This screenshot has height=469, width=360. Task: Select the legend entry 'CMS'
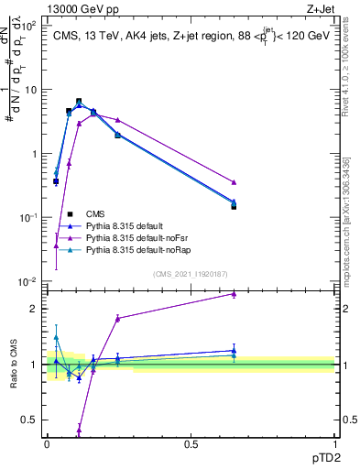tap(108, 213)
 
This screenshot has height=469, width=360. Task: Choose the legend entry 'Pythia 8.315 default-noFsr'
tap(146, 237)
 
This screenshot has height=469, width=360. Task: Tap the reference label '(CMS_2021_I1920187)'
tap(191, 274)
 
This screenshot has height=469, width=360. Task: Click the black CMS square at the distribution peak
tap(79, 102)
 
